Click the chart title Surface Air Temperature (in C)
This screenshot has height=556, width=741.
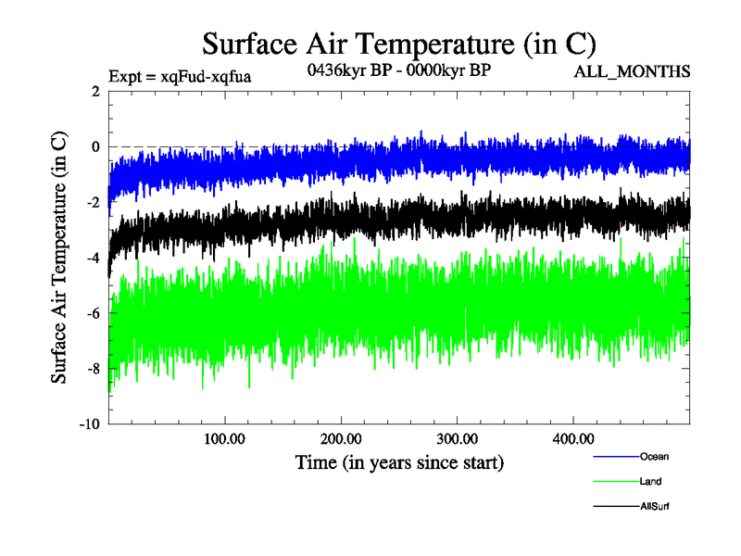click(x=398, y=44)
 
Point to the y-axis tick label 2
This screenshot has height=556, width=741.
click(x=95, y=91)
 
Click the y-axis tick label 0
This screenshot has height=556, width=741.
click(x=95, y=146)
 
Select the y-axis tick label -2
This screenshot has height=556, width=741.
click(x=93, y=202)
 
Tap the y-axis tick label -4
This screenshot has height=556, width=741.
click(x=93, y=258)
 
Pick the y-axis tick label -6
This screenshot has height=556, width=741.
click(x=93, y=313)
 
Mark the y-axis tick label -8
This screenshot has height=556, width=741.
click(x=93, y=369)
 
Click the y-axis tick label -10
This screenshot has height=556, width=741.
click(x=89, y=424)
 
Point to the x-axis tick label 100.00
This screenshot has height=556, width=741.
click(x=223, y=438)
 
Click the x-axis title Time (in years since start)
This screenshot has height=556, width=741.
click(x=398, y=461)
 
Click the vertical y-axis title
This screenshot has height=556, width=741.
click(x=58, y=258)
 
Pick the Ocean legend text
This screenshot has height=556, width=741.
click(x=653, y=457)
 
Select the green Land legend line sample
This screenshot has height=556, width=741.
click(x=615, y=482)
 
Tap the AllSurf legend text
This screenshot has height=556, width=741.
click(x=654, y=507)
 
